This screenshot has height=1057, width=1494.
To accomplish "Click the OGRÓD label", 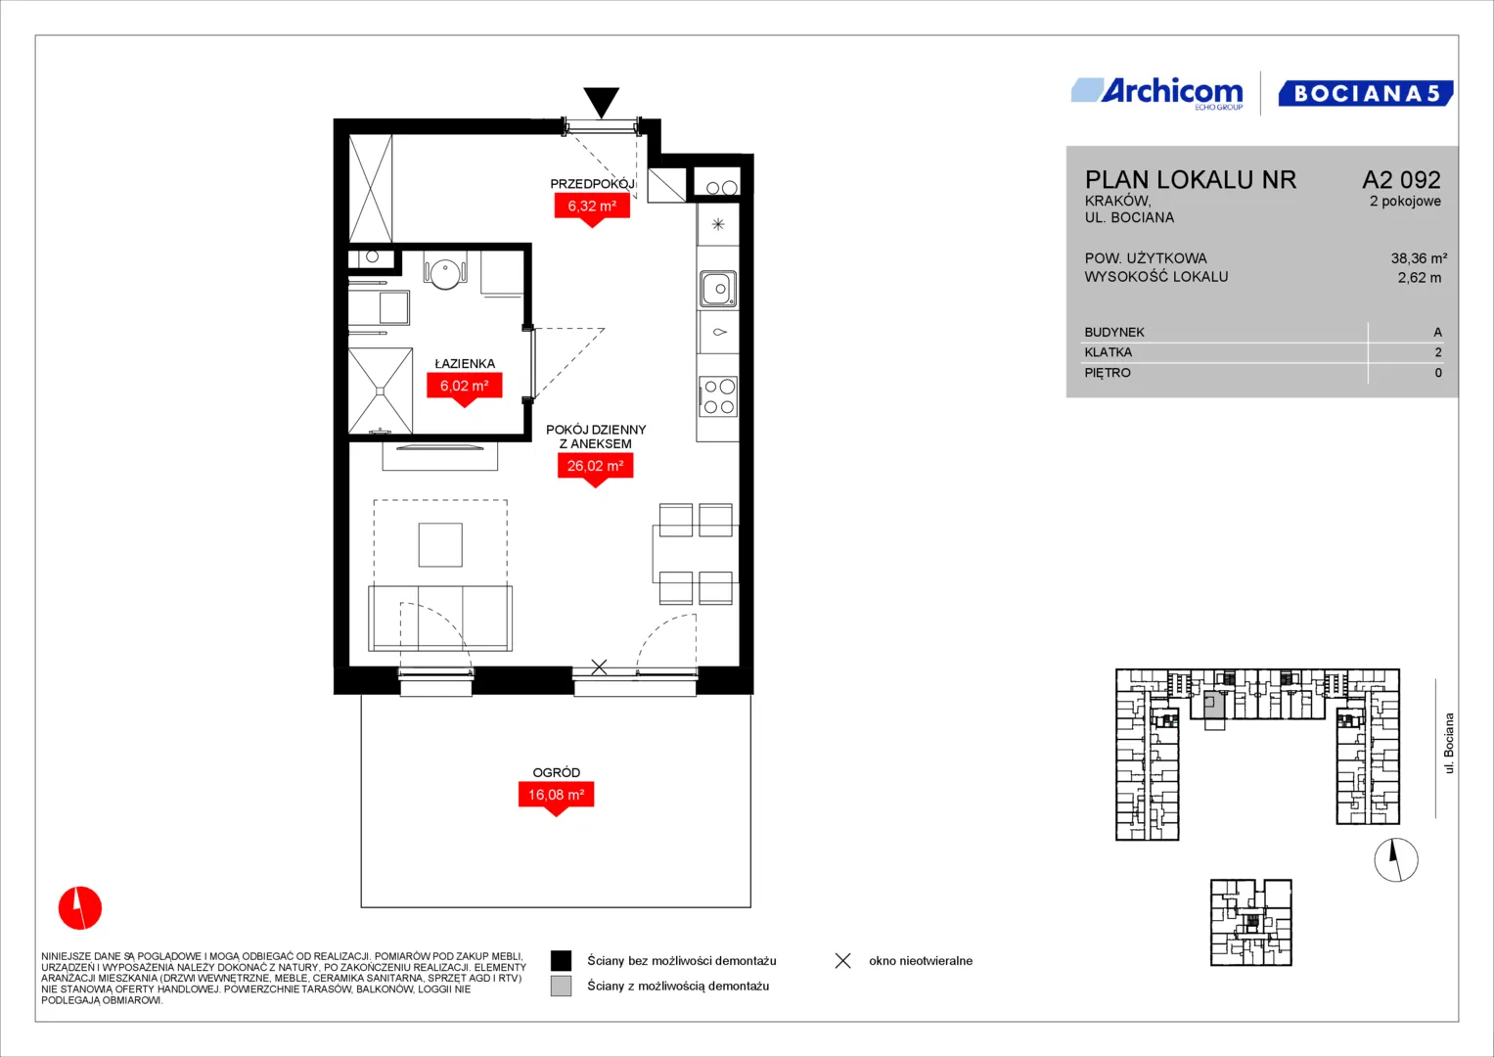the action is click(557, 772).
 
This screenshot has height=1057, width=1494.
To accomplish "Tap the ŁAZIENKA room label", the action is click(465, 364).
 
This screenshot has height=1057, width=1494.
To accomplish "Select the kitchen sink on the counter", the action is click(718, 290).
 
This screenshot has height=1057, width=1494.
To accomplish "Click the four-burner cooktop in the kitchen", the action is click(718, 396).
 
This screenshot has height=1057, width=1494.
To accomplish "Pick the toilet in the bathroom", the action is click(445, 272).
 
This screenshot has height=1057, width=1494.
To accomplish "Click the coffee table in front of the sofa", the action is click(440, 544).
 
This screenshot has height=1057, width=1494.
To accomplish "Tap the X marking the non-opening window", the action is click(599, 666).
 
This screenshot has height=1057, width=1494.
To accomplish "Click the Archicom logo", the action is click(1157, 93).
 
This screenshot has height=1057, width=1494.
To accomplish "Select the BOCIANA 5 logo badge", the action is click(1365, 93).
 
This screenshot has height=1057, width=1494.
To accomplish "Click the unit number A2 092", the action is click(1401, 179).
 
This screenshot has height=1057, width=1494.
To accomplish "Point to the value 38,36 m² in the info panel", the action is click(1419, 258).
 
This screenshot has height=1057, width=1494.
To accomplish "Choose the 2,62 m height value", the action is click(1420, 278).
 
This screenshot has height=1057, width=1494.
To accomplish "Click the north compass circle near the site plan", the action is click(1396, 859).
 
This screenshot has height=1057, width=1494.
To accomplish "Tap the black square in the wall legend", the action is click(561, 960).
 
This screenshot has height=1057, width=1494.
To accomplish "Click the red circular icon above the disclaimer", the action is click(80, 907).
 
